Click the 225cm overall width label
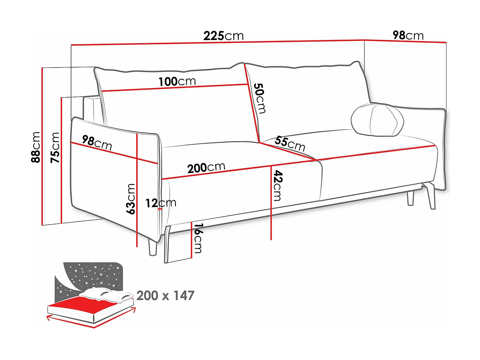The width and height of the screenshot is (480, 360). coord(223,36)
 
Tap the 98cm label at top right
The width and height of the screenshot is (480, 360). coord(408,35)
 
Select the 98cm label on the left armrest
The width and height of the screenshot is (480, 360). coord(97,143)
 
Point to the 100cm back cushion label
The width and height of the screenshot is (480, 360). coord(177,82)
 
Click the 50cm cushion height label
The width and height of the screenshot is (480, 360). coord(260,98)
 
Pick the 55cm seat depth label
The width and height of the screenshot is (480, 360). coord(290,143)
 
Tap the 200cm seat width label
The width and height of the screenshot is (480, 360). coord(206,167)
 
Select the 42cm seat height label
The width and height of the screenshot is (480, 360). coord(277,186)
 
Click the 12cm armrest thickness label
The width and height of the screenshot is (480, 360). coord(161,203)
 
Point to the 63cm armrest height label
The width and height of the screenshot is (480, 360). coord(131,199)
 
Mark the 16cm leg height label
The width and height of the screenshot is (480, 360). coord(198,238)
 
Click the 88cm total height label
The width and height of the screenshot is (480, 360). coord(36,147)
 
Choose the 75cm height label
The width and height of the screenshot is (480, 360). coord(55,148)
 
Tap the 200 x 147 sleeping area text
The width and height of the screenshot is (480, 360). coord(165,296)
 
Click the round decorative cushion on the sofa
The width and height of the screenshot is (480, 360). coord(377,120)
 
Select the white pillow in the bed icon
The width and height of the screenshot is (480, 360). coord(106,294)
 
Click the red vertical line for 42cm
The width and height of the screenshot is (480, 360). coord(271,218)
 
